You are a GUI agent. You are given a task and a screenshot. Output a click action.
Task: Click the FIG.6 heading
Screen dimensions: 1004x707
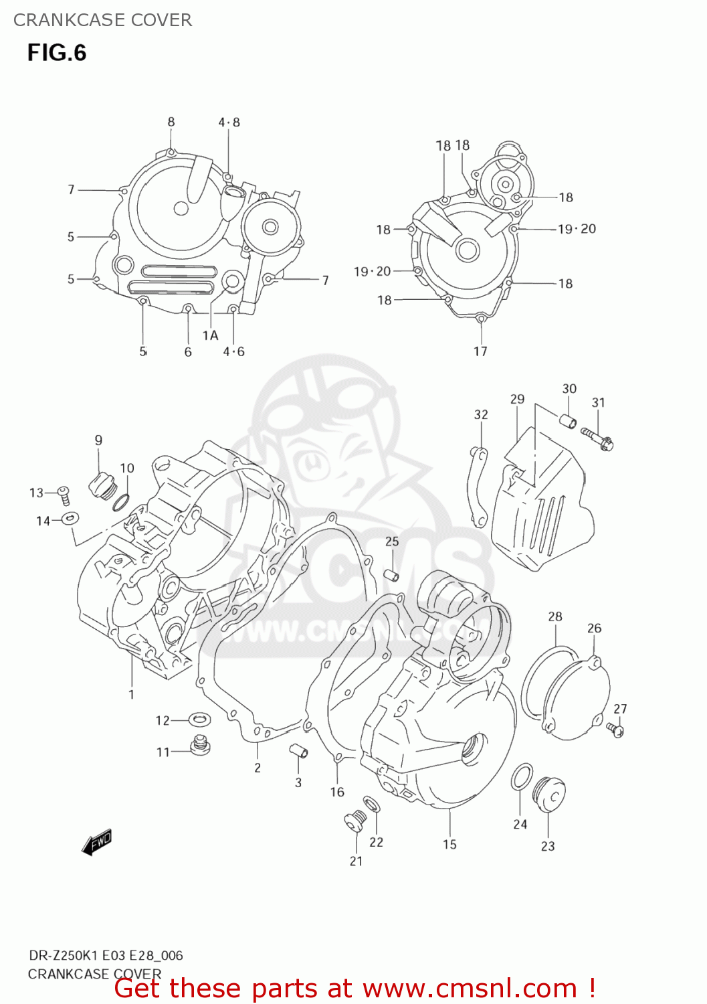click(x=57, y=53)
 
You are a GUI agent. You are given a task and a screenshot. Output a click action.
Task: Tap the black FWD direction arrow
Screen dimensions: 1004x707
click(x=96, y=841)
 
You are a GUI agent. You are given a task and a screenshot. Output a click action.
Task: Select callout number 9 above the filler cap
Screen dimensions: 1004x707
click(x=98, y=440)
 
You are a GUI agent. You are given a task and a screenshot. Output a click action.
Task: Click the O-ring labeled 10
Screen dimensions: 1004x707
click(x=121, y=502)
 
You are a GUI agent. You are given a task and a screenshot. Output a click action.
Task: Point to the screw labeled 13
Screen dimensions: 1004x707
click(x=64, y=495)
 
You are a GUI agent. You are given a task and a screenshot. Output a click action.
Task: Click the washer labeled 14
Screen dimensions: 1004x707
click(x=70, y=518)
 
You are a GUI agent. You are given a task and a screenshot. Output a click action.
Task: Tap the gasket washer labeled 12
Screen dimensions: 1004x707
click(x=199, y=720)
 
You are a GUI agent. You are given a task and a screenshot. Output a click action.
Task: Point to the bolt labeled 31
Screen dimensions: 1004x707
click(x=597, y=439)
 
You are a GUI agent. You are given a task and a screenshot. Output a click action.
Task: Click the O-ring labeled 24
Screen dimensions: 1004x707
click(x=522, y=778)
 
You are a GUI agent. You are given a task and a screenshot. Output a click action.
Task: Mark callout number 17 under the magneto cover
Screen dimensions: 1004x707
click(x=480, y=351)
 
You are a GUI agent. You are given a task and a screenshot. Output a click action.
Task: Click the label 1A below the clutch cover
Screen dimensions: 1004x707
click(x=210, y=335)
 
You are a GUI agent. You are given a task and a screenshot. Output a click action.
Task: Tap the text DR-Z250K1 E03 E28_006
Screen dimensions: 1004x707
click(x=106, y=955)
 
